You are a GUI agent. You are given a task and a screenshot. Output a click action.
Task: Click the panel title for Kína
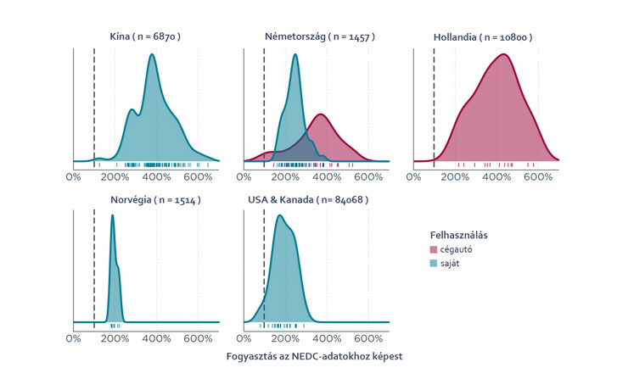[x=145, y=37]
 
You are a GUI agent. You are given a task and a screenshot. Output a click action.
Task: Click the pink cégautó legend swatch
[x=434, y=249]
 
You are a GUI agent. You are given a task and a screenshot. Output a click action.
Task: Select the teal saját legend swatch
[x=434, y=264]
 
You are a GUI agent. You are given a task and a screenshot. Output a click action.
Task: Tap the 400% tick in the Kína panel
[x=156, y=177]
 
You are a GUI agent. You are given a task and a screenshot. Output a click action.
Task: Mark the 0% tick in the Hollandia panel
[x=413, y=177]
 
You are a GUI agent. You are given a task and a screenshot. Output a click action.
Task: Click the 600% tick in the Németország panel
[x=368, y=177]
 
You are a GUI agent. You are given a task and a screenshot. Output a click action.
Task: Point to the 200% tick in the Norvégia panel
[x=115, y=339]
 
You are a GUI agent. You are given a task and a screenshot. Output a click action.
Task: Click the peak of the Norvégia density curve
[x=112, y=215]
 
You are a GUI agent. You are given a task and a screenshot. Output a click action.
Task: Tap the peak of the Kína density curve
[x=152, y=55]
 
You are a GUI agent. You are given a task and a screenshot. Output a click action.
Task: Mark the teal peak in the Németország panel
[x=294, y=55]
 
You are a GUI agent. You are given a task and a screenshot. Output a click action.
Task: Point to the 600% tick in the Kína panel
[x=198, y=177]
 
